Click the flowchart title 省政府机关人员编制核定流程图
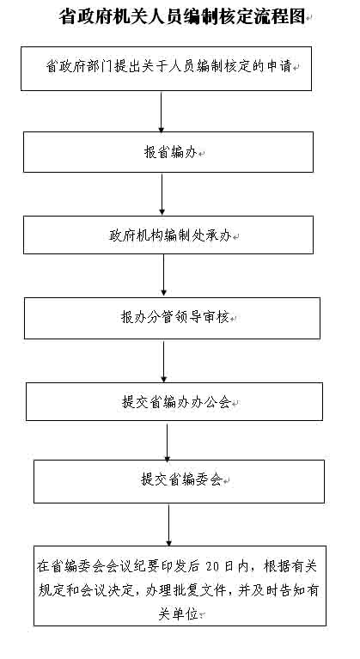[x=182, y=17]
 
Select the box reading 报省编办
[x=168, y=152]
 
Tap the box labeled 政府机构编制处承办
[x=168, y=235]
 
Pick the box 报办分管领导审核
[x=172, y=318]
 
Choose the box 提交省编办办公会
[x=174, y=401]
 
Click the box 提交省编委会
[x=179, y=481]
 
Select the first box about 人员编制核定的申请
[x=166, y=69]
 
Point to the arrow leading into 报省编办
[x=161, y=112]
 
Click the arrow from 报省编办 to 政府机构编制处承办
[x=162, y=194]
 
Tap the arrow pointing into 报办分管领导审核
[x=163, y=275]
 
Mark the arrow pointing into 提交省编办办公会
[x=164, y=361]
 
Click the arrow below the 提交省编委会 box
[x=169, y=525]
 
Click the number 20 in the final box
[x=213, y=566]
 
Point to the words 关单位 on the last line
[x=178, y=614]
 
